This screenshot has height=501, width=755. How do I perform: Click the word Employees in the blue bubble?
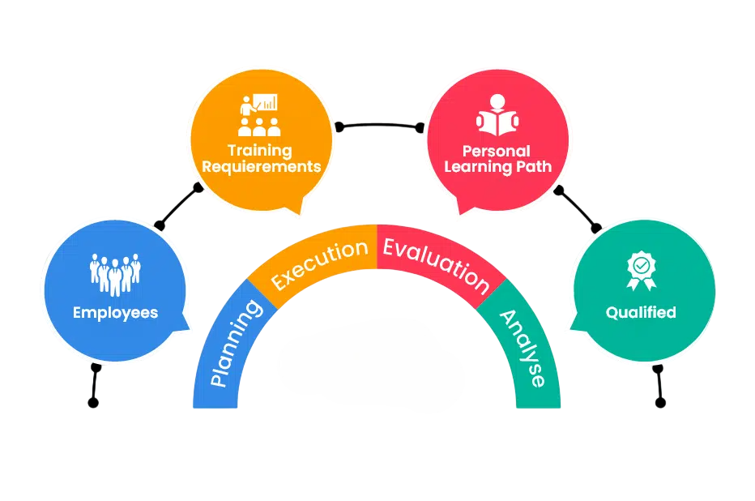click(x=115, y=312)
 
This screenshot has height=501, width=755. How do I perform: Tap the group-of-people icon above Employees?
click(x=115, y=275)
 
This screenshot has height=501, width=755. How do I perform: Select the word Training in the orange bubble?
click(x=259, y=150)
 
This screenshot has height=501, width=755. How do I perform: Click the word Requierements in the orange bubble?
click(x=261, y=167)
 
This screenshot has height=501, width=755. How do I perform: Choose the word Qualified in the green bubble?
click(x=641, y=312)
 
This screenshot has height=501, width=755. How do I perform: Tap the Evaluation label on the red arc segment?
click(x=436, y=264)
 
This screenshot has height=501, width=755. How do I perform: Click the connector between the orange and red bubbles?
click(x=380, y=126)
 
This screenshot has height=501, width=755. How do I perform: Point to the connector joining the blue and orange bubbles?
click(x=178, y=207)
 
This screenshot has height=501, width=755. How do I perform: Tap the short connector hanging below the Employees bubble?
click(x=95, y=386)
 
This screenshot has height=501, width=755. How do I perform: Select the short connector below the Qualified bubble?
click(x=659, y=386)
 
